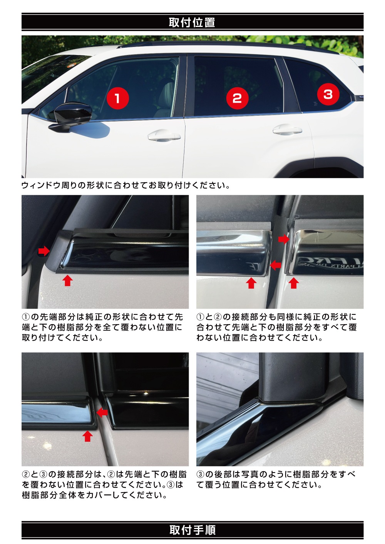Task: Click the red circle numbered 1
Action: pyautogui.click(x=117, y=98)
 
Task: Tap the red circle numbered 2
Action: pyautogui.click(x=237, y=98)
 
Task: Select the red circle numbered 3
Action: pyautogui.click(x=328, y=94)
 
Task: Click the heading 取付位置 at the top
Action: pyautogui.click(x=192, y=22)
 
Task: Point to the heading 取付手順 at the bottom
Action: pyautogui.click(x=192, y=530)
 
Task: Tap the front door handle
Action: pyautogui.click(x=164, y=136)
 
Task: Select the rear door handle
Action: pyautogui.click(x=287, y=131)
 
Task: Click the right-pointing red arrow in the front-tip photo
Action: pyautogui.click(x=44, y=251)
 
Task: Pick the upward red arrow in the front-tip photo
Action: pyautogui.click(x=67, y=281)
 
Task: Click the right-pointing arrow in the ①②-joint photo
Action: pyautogui.click(x=283, y=239)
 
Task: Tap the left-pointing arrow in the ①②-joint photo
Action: pyautogui.click(x=275, y=265)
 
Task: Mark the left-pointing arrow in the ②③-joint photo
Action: pyautogui.click(x=102, y=413)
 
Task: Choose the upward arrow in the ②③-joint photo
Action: pyautogui.click(x=88, y=436)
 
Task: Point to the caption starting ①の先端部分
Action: pyautogui.click(x=102, y=327)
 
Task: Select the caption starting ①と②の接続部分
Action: pyautogui.click(x=276, y=327)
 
